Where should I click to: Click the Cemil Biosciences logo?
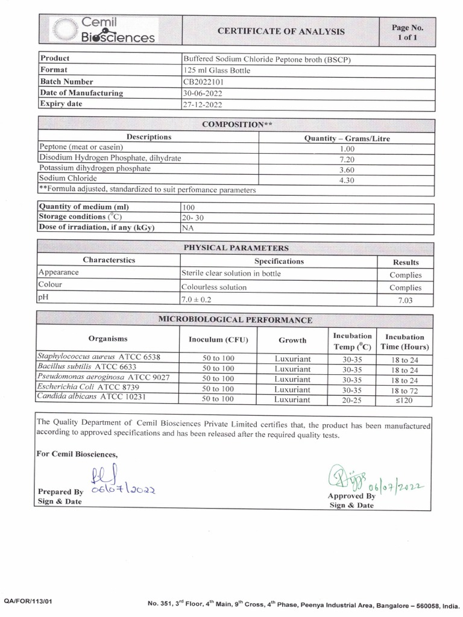pyautogui.click(x=102, y=30)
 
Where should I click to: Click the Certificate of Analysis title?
pyautogui.click(x=281, y=31)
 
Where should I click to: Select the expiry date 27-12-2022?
pyautogui.click(x=202, y=104)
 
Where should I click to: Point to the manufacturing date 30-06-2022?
pyautogui.click(x=202, y=93)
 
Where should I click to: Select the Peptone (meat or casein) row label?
pyautogui.click(x=81, y=147)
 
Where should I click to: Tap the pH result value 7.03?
pyautogui.click(x=405, y=300)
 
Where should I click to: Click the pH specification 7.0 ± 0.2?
pyautogui.click(x=197, y=299)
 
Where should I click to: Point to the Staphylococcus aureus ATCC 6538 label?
pyautogui.click(x=99, y=357)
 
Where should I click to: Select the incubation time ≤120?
pyautogui.click(x=405, y=398)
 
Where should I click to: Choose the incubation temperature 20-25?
pyautogui.click(x=351, y=398)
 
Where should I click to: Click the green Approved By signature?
pyautogui.click(x=345, y=479)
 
